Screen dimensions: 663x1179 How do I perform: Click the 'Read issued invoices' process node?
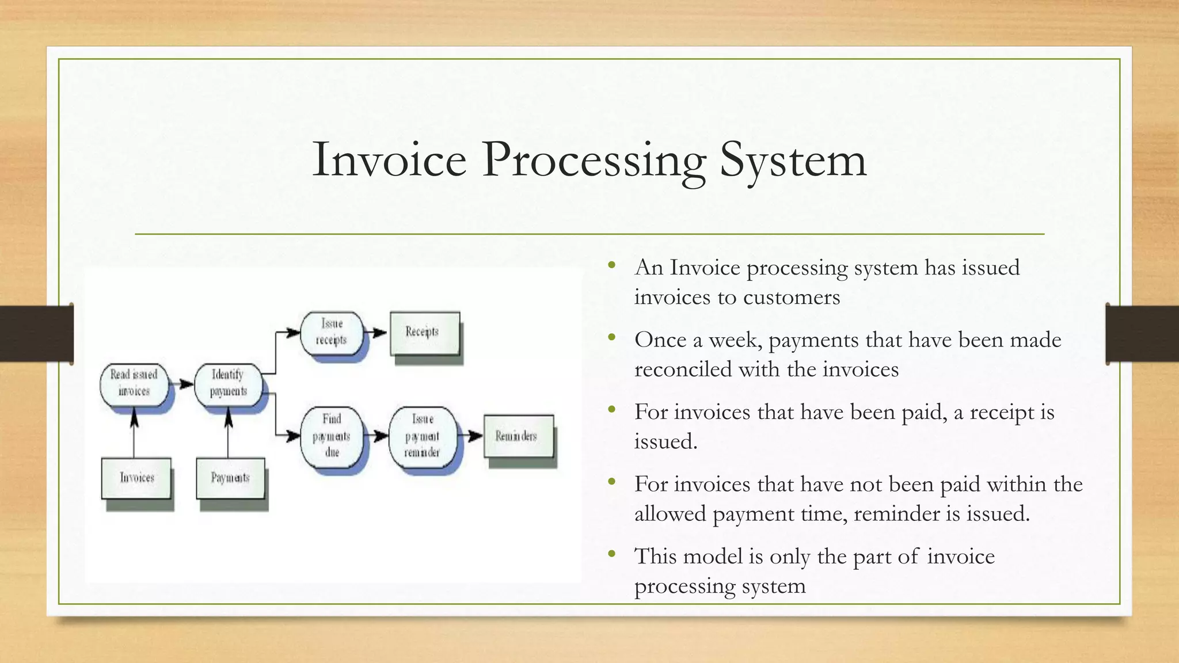134,383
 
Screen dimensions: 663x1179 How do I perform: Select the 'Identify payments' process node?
228,383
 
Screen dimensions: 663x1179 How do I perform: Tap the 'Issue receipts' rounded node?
332,332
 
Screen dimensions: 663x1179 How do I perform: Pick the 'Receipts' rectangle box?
424,333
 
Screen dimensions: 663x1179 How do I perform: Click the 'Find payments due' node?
332,436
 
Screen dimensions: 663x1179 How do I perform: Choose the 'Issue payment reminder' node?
423,436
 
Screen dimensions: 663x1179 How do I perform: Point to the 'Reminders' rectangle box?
518,436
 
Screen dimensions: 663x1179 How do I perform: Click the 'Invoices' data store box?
136,478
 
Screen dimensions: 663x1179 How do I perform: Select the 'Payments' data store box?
230,478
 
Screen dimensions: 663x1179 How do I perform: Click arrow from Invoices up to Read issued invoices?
134,432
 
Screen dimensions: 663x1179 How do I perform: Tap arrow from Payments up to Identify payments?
228,432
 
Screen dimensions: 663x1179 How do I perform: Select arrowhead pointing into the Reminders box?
476,436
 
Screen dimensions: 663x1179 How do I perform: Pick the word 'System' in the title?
793,161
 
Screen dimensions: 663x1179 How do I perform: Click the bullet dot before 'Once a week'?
611,337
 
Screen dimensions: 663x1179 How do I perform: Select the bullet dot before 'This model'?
611,554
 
